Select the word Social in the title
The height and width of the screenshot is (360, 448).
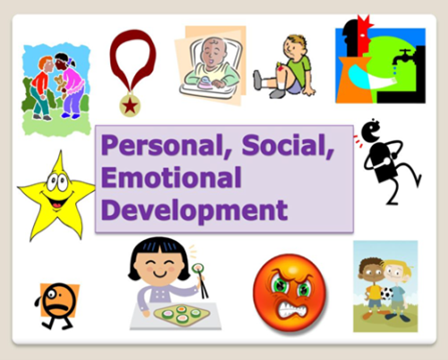(x=288, y=145)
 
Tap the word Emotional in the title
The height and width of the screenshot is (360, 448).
(x=171, y=177)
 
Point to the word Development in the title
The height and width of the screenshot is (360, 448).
(x=194, y=210)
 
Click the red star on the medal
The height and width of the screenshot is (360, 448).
(x=130, y=106)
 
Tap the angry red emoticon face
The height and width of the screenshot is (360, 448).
(x=290, y=293)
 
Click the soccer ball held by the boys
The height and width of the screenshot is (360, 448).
(x=387, y=293)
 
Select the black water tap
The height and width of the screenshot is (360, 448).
(x=403, y=57)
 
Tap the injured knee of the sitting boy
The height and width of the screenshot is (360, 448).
(x=280, y=69)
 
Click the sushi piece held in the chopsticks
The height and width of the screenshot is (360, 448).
(x=198, y=268)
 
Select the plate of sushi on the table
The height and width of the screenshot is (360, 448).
(x=182, y=314)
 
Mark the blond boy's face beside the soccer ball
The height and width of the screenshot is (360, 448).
(x=396, y=272)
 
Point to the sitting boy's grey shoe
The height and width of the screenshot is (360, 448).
(x=257, y=80)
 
